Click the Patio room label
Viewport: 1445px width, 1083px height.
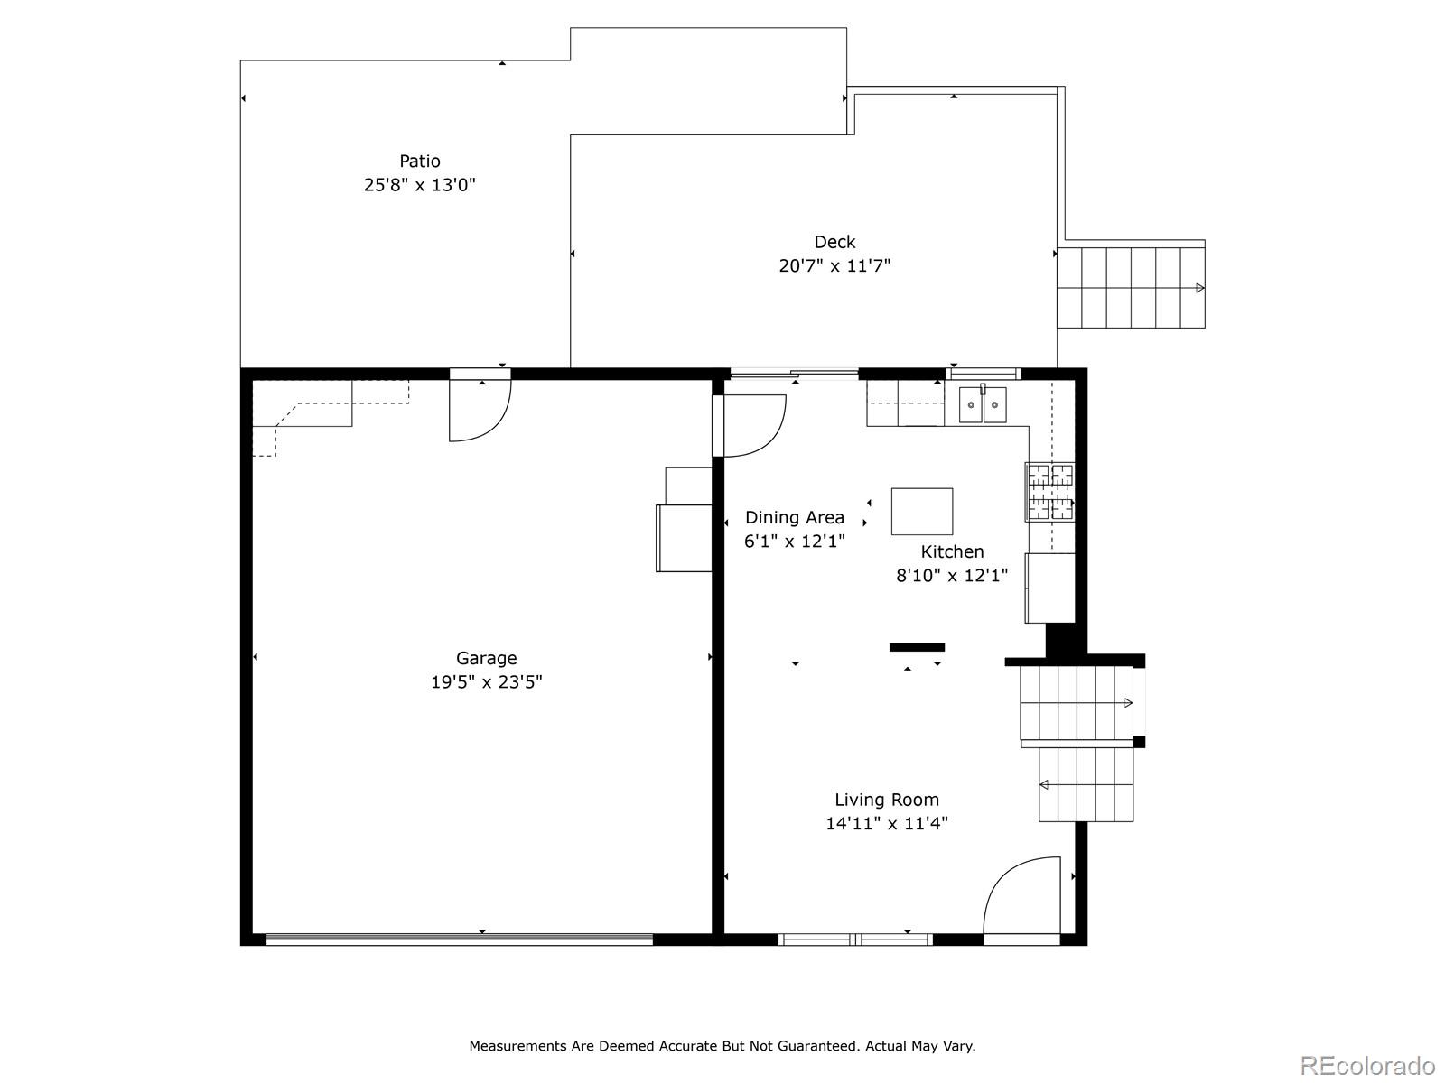point(419,162)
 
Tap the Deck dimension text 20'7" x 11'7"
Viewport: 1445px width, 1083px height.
point(834,265)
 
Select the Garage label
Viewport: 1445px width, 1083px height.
point(487,658)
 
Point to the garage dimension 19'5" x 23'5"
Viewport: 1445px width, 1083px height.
point(487,682)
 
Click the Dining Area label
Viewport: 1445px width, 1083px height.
point(795,518)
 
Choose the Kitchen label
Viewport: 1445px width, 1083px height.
point(952,551)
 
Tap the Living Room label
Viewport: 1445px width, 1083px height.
point(887,800)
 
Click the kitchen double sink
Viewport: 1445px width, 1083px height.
point(983,405)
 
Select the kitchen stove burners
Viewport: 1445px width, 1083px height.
point(1050,492)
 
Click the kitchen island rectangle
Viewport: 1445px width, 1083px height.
point(922,511)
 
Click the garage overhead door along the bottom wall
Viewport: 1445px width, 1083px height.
point(459,940)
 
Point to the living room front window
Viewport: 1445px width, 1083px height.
point(855,940)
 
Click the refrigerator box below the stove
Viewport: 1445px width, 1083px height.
point(1050,588)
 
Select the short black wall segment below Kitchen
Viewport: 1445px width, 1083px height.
point(917,647)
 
